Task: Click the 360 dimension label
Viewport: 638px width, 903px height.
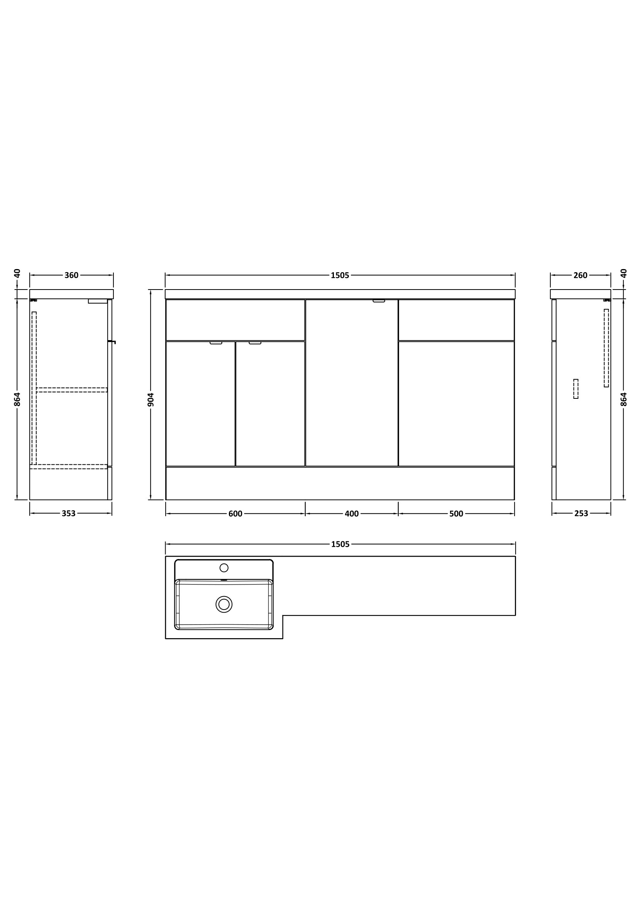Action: pyautogui.click(x=71, y=275)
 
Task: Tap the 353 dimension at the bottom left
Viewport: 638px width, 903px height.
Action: pyautogui.click(x=68, y=513)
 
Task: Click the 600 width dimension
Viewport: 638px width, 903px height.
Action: pyautogui.click(x=235, y=514)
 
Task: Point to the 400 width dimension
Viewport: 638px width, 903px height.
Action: pyautogui.click(x=352, y=514)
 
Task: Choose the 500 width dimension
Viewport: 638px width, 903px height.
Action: pyautogui.click(x=456, y=514)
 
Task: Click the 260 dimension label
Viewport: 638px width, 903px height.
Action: pyautogui.click(x=580, y=275)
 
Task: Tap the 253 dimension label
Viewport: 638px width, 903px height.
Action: pyautogui.click(x=581, y=513)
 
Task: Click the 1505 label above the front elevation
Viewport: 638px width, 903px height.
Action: pyautogui.click(x=340, y=275)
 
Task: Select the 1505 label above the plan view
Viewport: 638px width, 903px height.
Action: pyautogui.click(x=340, y=544)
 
